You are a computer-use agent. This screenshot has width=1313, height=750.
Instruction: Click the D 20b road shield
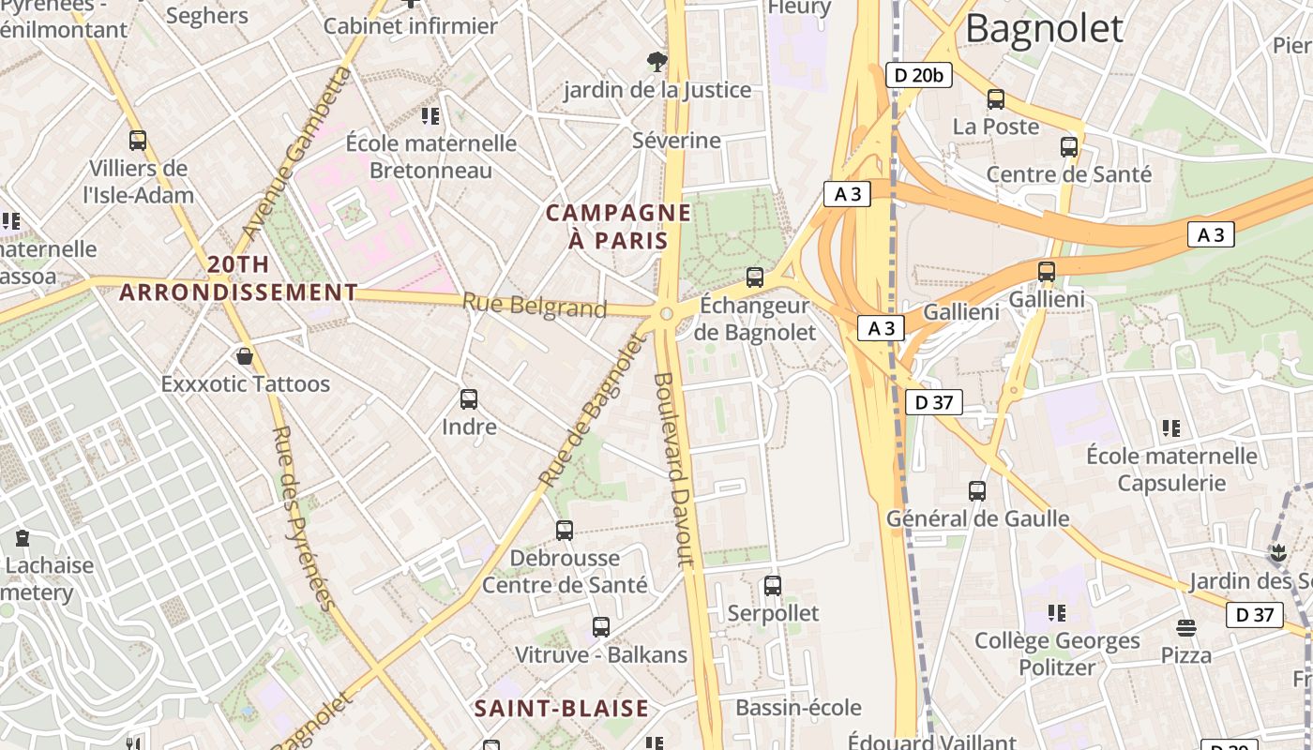pos(918,75)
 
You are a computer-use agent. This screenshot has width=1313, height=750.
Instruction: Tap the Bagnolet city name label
pos(1043,28)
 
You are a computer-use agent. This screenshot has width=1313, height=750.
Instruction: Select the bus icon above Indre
pos(469,399)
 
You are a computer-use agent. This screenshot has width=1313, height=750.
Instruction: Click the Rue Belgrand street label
pos(535,306)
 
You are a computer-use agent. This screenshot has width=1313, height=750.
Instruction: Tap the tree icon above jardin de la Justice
pos(657,62)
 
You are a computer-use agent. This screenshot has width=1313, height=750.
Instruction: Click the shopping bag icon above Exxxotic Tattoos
pos(245,356)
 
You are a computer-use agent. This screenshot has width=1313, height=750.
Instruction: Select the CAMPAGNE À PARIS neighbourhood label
pos(618,227)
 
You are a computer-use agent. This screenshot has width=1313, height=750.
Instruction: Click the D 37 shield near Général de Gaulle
pos(933,402)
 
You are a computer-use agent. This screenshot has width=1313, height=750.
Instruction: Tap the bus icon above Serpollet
pos(773,586)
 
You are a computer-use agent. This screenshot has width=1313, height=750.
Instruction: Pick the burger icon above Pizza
pos(1186,627)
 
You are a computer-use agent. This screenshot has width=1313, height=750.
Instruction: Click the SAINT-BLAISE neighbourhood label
pos(561,708)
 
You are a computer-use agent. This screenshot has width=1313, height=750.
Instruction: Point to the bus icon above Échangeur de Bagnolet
pos(755,277)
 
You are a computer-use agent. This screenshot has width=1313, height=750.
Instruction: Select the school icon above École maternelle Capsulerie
pos(1170,428)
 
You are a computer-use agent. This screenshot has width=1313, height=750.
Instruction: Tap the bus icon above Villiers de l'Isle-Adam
pos(138,141)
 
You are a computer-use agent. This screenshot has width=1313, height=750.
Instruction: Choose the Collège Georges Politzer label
pos(1057,653)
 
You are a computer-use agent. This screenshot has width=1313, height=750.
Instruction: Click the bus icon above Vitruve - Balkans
pos(601,627)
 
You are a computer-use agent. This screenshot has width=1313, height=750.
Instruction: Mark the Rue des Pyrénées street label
pos(302,517)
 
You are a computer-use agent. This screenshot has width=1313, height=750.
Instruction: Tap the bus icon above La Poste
pos(996,98)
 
